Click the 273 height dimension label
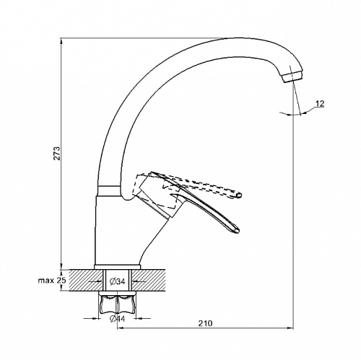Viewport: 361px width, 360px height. [57, 153]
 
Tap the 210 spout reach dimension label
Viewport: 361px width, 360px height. [205, 323]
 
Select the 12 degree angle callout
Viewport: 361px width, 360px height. [320, 104]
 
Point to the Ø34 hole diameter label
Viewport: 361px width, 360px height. [117, 281]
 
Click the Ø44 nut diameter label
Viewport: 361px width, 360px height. [117, 319]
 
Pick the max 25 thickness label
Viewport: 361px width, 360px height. [52, 280]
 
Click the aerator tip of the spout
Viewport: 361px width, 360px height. [292, 76]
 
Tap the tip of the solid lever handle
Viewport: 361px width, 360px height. [237, 231]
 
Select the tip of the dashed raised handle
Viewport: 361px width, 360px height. [238, 196]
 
